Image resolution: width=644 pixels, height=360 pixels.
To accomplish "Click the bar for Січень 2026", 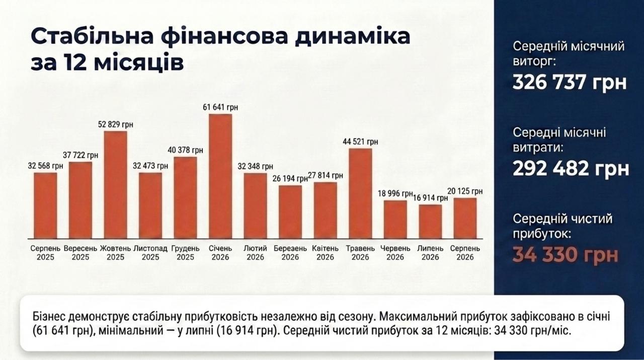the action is [220, 176].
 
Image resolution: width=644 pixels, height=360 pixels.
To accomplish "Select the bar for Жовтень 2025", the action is [115, 185].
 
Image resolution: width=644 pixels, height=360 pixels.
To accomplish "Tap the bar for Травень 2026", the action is [360, 194].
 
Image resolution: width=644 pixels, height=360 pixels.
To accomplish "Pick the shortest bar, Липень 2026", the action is [430, 222].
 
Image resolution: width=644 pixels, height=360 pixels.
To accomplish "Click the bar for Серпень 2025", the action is [45, 206].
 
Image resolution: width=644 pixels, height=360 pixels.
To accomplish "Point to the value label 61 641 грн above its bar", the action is [220, 107].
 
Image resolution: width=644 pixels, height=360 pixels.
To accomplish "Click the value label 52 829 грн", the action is [116, 124].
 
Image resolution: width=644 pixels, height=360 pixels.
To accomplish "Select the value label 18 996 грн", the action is [395, 194].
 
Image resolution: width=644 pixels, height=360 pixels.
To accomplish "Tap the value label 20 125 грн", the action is [465, 191].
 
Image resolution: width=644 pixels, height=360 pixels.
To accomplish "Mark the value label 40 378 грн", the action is [186, 150].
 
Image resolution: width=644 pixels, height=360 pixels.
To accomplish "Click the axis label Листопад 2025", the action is [150, 253].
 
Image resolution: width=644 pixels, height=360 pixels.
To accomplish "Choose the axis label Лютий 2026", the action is [255, 253].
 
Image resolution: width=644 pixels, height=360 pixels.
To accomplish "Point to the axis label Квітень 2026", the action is [325, 253].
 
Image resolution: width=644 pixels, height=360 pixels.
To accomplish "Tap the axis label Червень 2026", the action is [395, 253].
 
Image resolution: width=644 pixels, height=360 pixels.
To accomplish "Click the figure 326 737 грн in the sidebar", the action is [570, 82].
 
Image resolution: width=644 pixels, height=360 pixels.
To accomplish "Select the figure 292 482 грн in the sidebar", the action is [571, 168].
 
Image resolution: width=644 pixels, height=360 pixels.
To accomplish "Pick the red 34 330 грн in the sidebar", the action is [565, 255].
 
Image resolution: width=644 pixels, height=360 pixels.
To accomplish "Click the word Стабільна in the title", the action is [92, 36].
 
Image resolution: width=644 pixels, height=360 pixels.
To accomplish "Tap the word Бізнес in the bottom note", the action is [49, 317].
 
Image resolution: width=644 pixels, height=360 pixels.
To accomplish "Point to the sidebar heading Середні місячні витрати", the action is [559, 140].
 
